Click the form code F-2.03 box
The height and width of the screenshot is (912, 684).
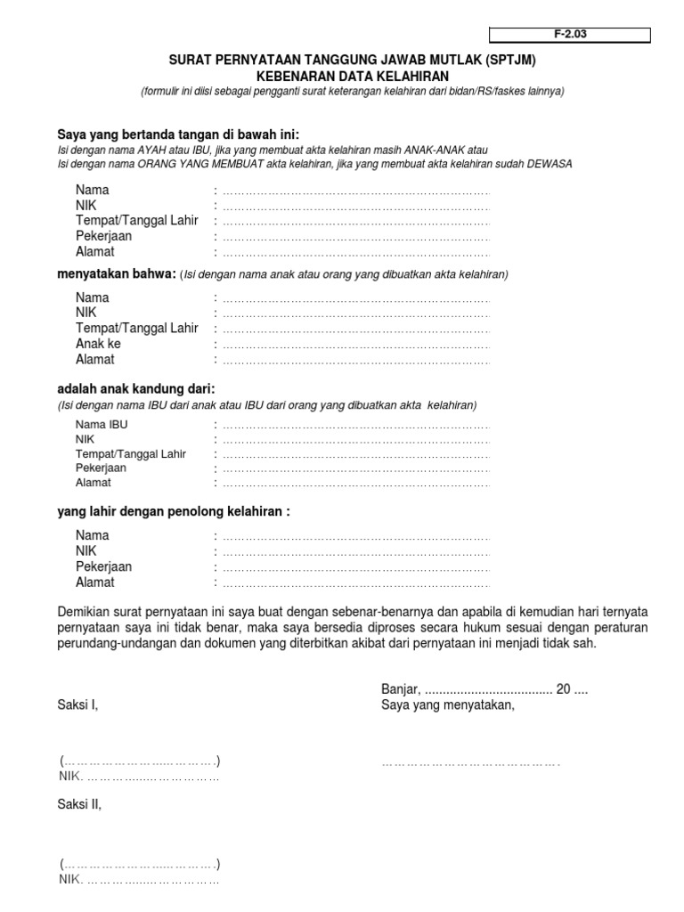tap(570, 36)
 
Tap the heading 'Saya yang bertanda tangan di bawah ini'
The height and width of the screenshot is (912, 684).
tap(172, 134)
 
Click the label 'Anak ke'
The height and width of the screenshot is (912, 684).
tap(98, 344)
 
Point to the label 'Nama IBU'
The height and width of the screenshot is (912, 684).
tap(102, 425)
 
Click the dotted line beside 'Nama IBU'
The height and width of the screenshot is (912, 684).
tap(354, 426)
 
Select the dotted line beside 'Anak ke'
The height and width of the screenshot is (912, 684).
tap(354, 345)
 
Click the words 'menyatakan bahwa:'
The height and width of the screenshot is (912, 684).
tap(116, 274)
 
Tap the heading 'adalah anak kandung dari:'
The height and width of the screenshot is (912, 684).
tap(136, 389)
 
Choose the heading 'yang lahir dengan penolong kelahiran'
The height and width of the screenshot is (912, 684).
tap(174, 512)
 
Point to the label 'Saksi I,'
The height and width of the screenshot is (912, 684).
tap(77, 705)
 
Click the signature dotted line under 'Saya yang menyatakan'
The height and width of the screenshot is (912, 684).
tap(470, 763)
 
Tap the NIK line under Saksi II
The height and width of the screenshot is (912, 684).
tap(139, 880)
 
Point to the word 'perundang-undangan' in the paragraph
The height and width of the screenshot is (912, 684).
tap(115, 643)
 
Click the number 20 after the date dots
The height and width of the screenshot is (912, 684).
tap(563, 689)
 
